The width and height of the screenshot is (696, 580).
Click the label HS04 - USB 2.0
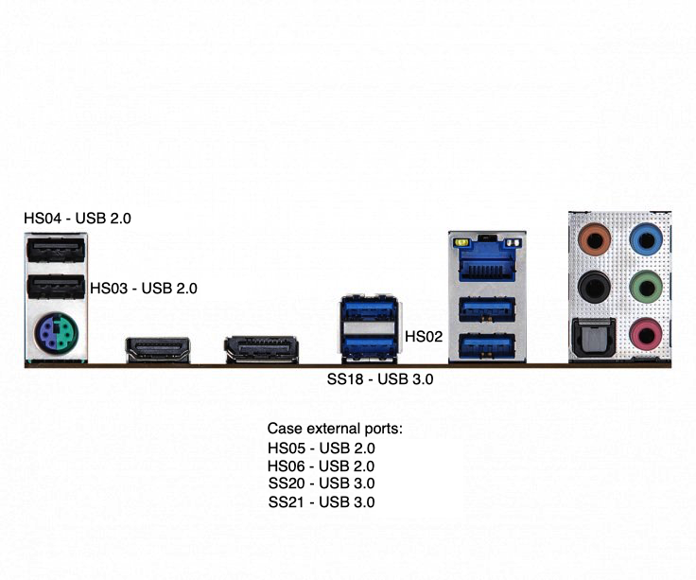point(78,219)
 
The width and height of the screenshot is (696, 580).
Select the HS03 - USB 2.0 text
point(144,289)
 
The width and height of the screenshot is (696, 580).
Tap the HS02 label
point(424,335)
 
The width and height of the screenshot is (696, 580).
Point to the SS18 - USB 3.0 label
point(380,379)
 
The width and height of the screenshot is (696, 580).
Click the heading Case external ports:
point(335,429)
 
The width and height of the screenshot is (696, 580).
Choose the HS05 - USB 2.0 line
point(322,448)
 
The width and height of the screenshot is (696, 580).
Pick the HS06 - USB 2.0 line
point(322,466)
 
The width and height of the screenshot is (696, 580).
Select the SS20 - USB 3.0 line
point(322,483)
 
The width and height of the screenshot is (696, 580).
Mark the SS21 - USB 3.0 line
point(322,501)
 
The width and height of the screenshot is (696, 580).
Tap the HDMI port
point(159,349)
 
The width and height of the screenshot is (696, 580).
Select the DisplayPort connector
point(261,349)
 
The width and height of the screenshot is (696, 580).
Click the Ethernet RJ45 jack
point(487,259)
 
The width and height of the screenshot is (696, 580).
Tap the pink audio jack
point(645,330)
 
